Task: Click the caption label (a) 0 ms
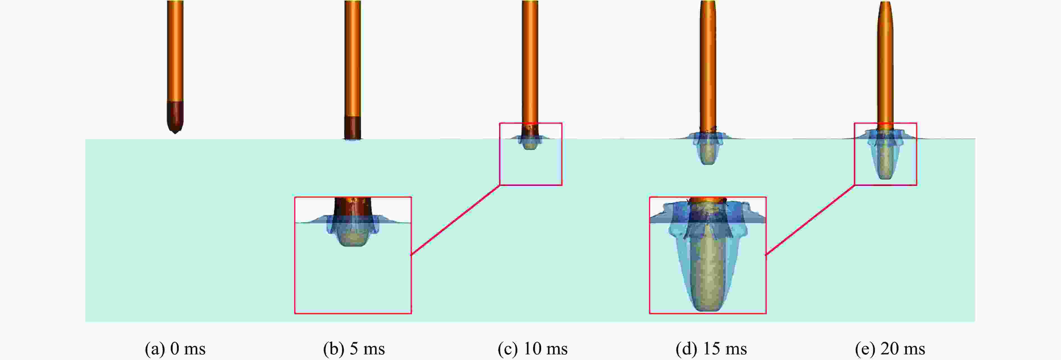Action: point(175,349)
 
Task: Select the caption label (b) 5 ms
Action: point(354,349)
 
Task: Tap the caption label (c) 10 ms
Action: point(532,349)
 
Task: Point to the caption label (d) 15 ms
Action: point(711,349)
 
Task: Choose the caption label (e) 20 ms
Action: point(890,349)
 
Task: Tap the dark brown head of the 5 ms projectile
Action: point(353,128)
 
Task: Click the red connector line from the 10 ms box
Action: point(456,220)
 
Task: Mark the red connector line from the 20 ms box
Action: point(810,220)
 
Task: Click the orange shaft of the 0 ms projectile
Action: point(175,51)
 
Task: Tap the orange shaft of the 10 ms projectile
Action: point(530,62)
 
